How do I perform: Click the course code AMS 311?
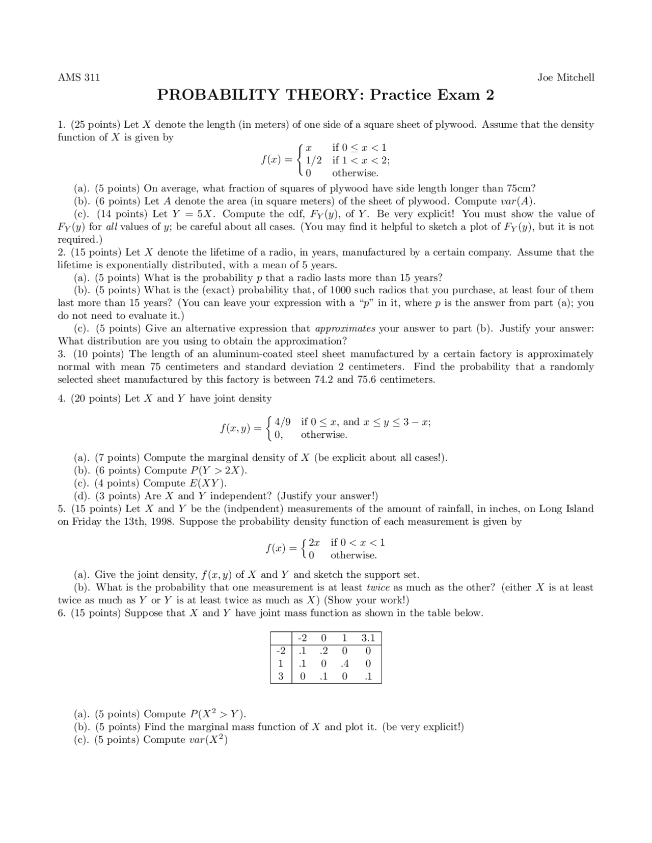[x=78, y=77]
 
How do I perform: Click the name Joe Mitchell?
[x=565, y=77]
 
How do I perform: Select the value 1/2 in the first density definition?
[x=314, y=160]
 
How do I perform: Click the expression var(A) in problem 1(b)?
[x=515, y=201]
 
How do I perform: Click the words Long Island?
[x=566, y=509]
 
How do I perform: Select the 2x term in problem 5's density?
[x=314, y=543]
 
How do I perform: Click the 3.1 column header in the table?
[x=368, y=638]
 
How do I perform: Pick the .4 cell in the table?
[x=345, y=664]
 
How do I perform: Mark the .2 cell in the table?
[x=323, y=651]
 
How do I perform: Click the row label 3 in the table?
[x=280, y=677]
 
